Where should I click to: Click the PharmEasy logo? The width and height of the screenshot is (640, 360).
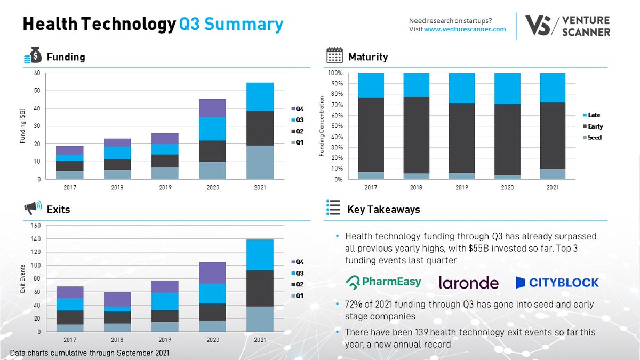point(383,282)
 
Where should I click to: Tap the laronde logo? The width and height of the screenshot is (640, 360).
point(468,283)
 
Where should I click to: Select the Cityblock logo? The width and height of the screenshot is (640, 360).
point(557,282)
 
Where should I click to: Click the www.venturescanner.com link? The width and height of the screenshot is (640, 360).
point(465,29)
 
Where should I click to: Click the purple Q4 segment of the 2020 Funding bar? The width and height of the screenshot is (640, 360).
point(213,108)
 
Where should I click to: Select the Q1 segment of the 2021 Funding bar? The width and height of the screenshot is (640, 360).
point(260,162)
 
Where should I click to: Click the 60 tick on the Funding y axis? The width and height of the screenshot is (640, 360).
point(37,73)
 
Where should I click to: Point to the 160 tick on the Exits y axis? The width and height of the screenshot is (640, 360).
point(36,226)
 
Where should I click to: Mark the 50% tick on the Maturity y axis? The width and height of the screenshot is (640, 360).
point(335,126)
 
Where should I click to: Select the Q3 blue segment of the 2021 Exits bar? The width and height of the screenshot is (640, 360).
point(260,255)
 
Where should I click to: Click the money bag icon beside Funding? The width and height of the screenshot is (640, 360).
point(31,57)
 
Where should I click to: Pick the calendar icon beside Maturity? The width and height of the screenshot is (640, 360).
point(334,56)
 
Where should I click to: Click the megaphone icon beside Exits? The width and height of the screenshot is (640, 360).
point(31,209)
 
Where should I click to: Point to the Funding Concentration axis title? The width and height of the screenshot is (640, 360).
point(322,126)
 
